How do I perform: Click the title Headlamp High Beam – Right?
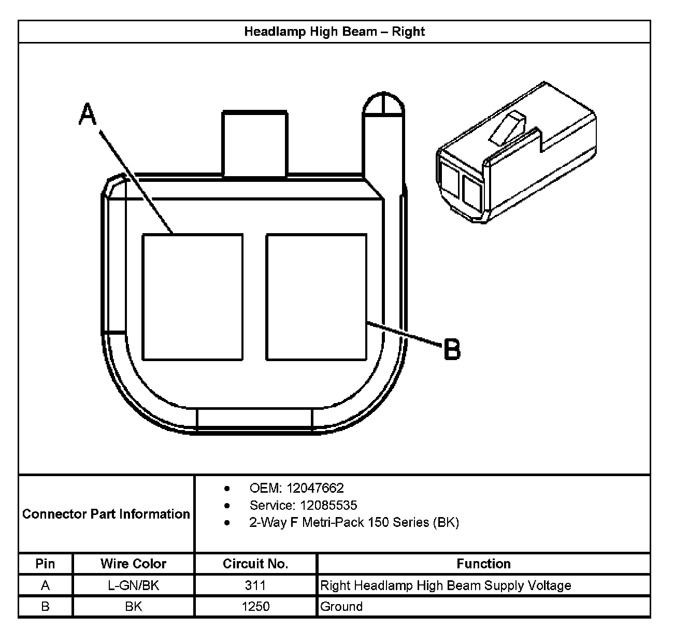click(x=334, y=32)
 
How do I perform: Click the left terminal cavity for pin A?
click(x=192, y=297)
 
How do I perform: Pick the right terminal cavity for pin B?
click(x=317, y=297)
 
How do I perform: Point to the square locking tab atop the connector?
click(x=254, y=144)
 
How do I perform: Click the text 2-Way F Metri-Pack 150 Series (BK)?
click(x=354, y=522)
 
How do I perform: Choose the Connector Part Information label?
click(x=106, y=514)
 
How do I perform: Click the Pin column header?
click(x=46, y=564)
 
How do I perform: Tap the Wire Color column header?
click(x=134, y=564)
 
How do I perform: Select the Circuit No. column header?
click(x=255, y=564)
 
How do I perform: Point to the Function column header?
click(x=483, y=564)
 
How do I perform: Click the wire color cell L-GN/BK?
click(x=134, y=585)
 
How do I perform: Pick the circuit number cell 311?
click(x=255, y=585)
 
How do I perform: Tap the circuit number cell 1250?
click(x=255, y=606)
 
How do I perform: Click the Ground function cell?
click(x=341, y=606)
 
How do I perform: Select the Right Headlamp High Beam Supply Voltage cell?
click(x=446, y=585)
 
